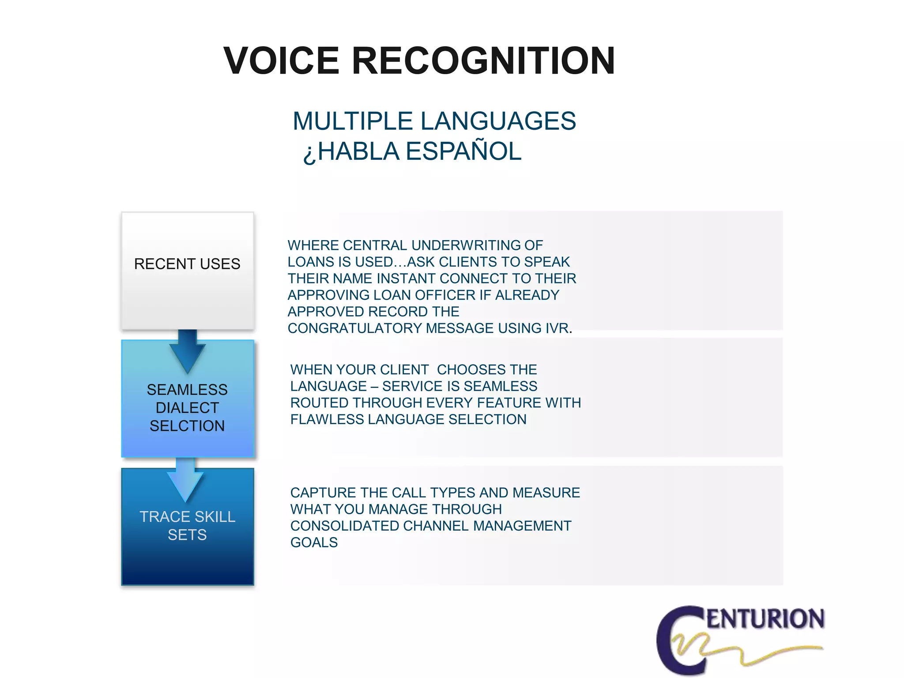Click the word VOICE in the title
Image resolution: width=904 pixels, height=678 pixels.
(281, 61)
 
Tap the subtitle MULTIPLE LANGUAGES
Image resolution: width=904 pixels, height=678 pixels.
(434, 121)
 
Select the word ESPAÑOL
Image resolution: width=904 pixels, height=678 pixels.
(463, 151)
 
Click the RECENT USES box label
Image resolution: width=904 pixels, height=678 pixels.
(187, 264)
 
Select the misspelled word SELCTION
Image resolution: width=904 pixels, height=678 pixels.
(187, 426)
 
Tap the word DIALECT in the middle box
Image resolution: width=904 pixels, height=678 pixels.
(187, 408)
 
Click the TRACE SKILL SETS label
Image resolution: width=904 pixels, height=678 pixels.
(187, 526)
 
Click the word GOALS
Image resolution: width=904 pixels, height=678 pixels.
(314, 542)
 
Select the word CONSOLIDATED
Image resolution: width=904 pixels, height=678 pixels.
(345, 526)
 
